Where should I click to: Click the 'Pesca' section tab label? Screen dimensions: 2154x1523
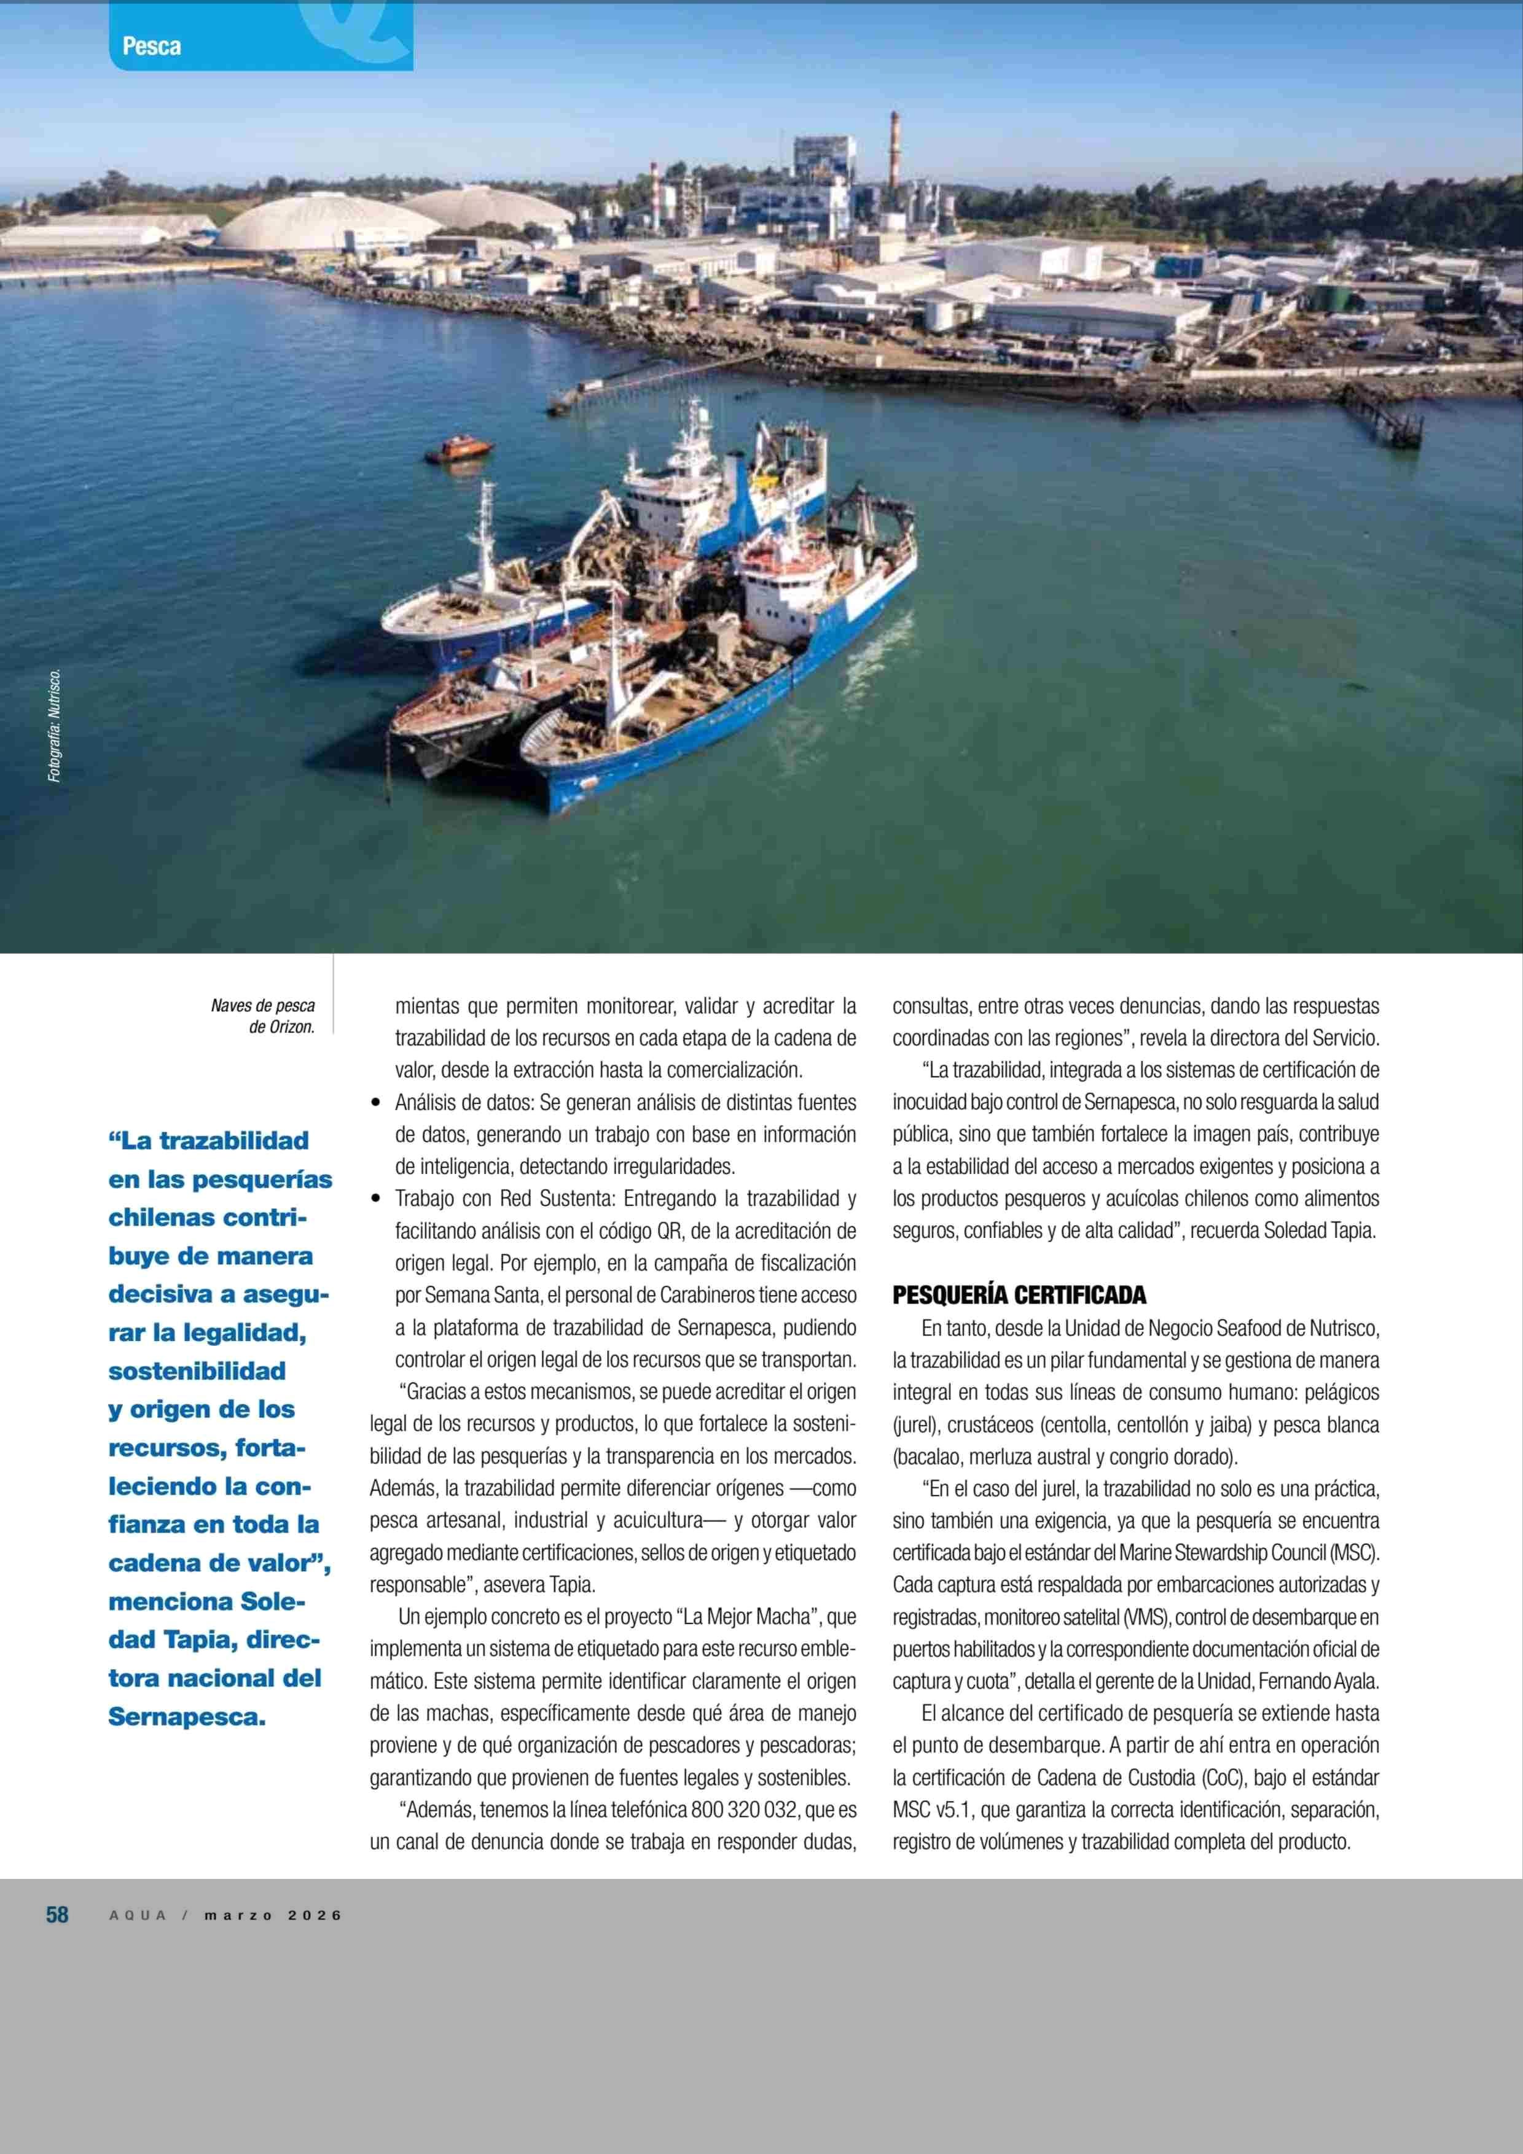151,46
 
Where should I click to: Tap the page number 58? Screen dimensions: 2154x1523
57,1915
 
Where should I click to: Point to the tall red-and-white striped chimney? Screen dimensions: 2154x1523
895,150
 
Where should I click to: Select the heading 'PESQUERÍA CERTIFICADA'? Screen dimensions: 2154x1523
1019,1296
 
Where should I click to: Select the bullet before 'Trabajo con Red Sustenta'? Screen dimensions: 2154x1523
376,1199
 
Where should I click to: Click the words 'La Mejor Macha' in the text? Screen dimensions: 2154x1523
746,1617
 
